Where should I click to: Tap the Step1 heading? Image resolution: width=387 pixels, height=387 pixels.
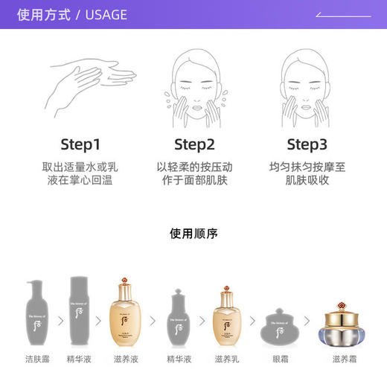pyautogui.click(x=80, y=144)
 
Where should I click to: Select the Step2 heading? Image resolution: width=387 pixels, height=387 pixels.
pyautogui.click(x=194, y=144)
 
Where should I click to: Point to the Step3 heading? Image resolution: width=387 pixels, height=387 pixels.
pyautogui.click(x=307, y=144)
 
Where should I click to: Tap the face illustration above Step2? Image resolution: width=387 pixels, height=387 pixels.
pyautogui.click(x=194, y=82)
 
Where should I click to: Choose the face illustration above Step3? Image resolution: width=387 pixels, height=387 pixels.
pyautogui.click(x=307, y=82)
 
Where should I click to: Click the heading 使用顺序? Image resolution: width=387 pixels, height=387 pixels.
pyautogui.click(x=193, y=234)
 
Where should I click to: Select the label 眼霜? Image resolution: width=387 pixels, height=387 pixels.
pyautogui.click(x=281, y=359)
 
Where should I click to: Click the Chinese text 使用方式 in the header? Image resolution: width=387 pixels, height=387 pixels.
pyautogui.click(x=42, y=15)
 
